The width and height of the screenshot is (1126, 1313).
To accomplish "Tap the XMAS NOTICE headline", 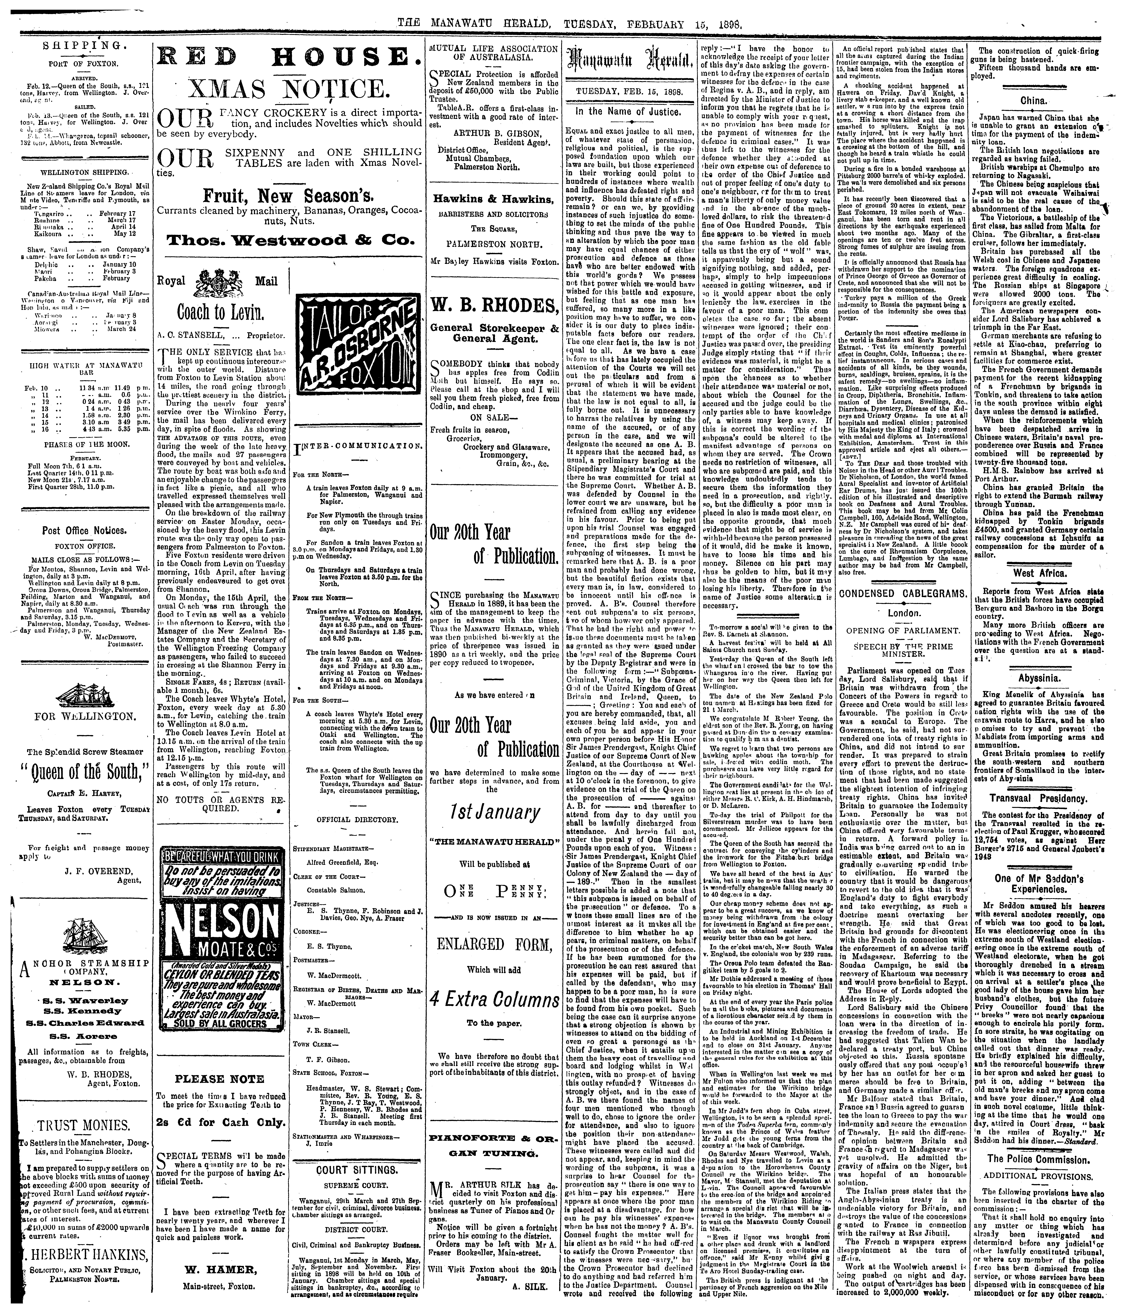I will [288, 89].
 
